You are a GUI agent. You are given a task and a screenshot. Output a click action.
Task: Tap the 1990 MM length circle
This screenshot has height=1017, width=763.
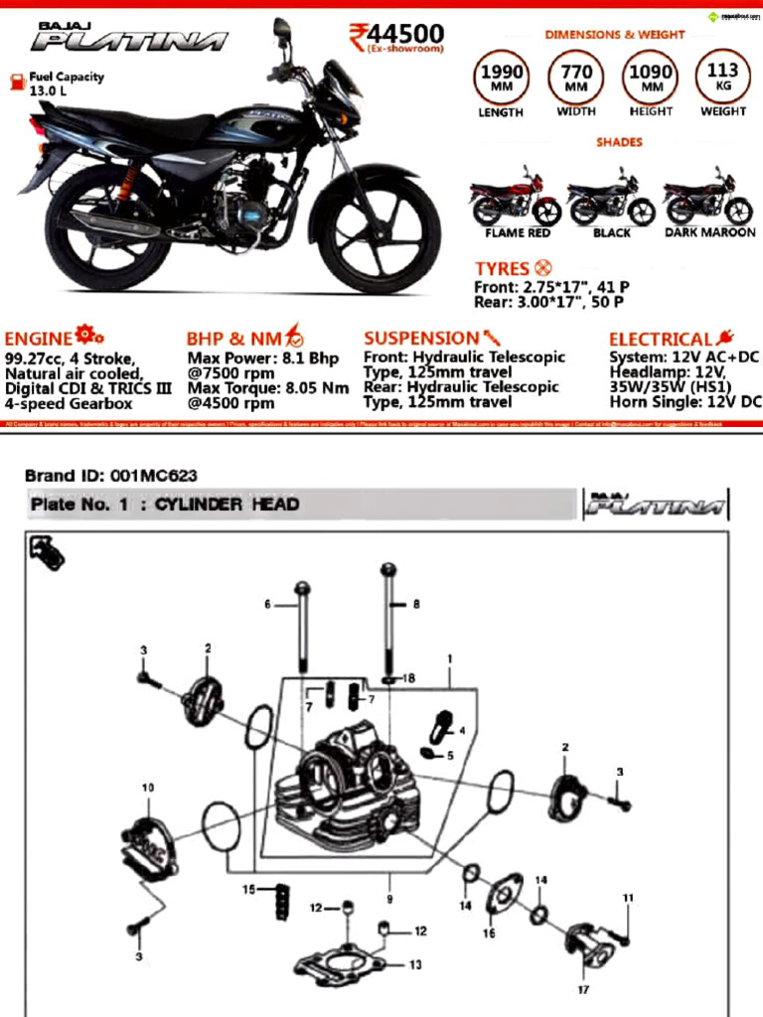[502, 76]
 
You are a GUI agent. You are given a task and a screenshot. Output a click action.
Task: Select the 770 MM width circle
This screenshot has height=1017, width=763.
[576, 76]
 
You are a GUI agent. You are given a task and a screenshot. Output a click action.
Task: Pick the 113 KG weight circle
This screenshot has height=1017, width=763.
[722, 75]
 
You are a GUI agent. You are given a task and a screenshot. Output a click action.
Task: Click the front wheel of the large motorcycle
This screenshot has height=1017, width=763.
[379, 232]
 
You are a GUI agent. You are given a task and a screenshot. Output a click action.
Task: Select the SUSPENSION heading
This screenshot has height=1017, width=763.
[421, 339]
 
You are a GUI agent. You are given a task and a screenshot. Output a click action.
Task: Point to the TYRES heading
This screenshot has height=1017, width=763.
[503, 269]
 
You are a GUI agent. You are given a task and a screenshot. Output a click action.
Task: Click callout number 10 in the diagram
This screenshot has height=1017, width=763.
[147, 788]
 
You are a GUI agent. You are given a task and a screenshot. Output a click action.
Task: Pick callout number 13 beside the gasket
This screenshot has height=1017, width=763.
[414, 963]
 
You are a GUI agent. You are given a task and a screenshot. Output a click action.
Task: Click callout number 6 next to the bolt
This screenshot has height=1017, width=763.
[267, 604]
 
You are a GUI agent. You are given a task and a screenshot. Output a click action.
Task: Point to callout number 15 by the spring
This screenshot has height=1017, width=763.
[249, 889]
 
